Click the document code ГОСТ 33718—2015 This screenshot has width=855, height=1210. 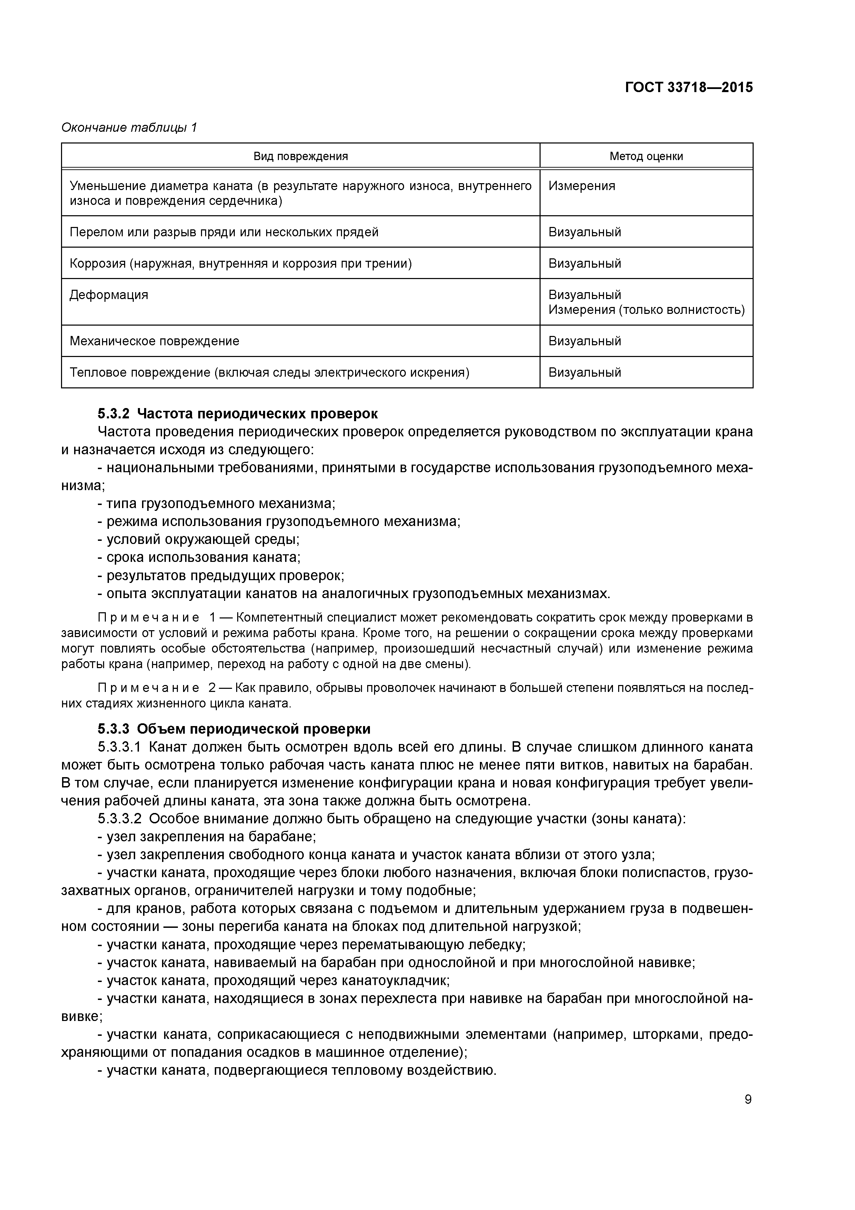tap(688, 88)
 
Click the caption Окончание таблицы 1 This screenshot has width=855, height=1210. tap(129, 128)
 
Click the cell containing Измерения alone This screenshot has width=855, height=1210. tap(582, 186)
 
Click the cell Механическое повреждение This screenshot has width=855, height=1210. tap(154, 341)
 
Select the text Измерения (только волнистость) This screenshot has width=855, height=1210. tap(646, 310)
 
